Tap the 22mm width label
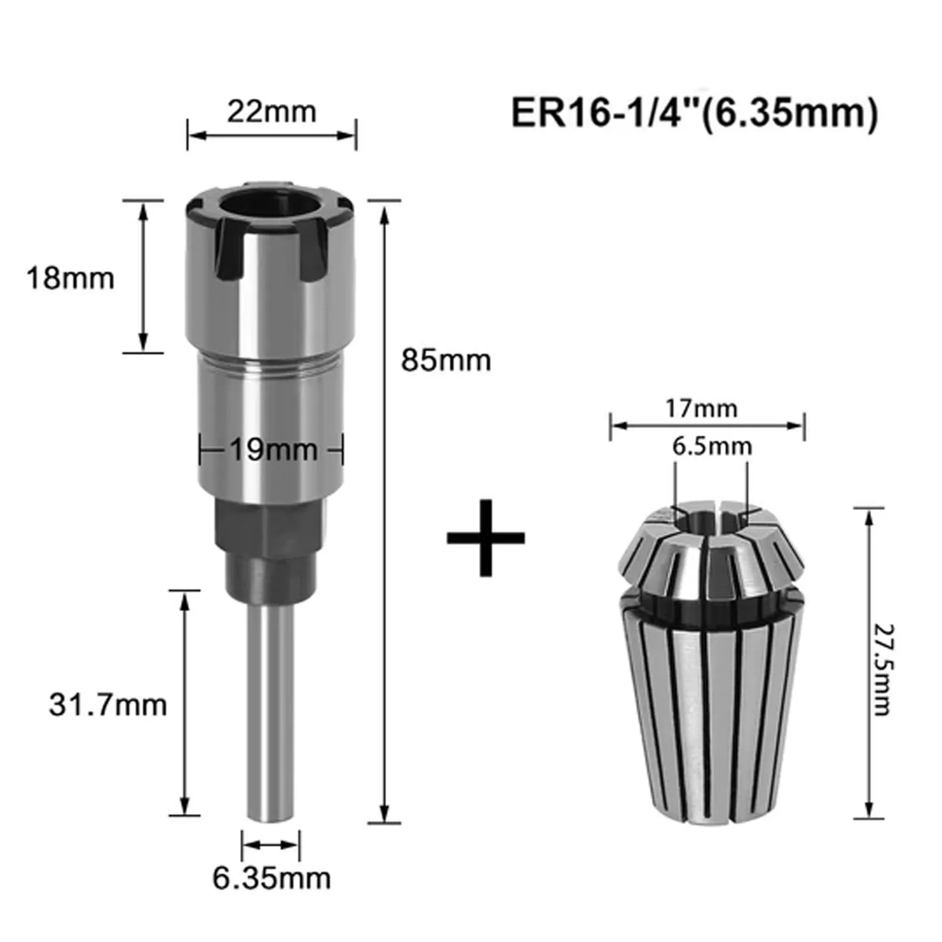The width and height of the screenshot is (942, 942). point(272,111)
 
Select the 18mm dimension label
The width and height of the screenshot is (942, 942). point(70,278)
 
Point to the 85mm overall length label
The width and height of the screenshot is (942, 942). point(446,360)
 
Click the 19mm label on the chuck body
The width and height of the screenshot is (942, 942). point(274,450)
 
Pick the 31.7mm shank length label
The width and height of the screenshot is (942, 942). point(108,704)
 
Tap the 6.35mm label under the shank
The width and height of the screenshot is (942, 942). point(271,878)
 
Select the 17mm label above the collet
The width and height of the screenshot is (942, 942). point(701,408)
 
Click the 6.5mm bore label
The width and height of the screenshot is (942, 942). point(712,446)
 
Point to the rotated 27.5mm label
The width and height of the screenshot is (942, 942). point(883,670)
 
